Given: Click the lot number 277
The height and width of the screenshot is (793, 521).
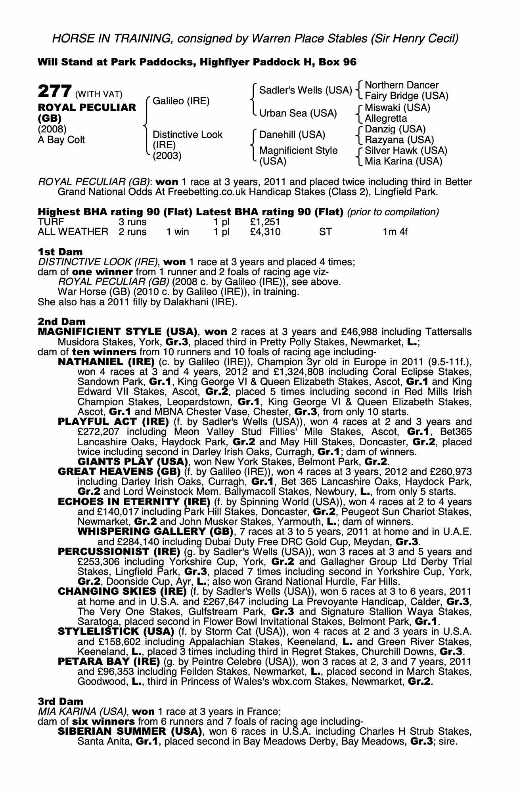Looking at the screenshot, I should click(54, 92).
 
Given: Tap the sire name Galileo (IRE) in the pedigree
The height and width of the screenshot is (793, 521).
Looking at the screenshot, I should click(181, 101).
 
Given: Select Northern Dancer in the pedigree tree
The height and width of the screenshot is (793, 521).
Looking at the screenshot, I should click(401, 85).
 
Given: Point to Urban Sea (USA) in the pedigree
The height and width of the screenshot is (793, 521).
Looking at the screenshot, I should click(298, 113).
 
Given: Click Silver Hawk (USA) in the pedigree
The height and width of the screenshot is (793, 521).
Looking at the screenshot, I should click(406, 151).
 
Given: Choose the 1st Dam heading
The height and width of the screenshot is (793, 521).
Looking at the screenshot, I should click(60, 252).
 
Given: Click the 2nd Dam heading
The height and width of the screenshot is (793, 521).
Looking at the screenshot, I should click(61, 322).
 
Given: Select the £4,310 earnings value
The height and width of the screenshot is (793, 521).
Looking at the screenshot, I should click(265, 232).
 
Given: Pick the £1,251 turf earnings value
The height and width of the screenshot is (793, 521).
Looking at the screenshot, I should click(265, 222).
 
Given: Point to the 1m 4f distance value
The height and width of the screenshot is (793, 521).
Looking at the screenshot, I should click(395, 232).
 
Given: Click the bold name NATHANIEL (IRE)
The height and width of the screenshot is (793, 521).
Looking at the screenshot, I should click(106, 362).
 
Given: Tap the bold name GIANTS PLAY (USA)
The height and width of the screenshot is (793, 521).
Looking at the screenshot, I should click(132, 462).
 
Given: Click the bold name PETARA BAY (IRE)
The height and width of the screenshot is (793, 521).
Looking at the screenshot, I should click(109, 662).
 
